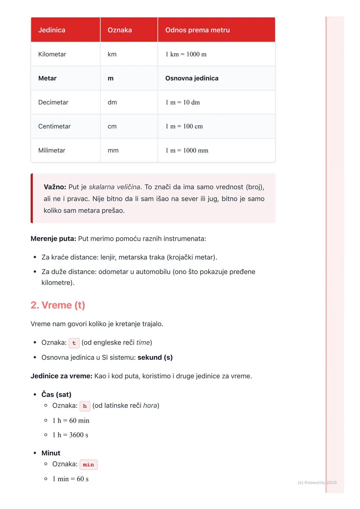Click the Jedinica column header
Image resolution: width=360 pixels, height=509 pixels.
click(52, 30)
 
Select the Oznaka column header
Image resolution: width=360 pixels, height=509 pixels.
click(120, 30)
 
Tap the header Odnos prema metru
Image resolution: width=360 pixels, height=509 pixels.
click(197, 30)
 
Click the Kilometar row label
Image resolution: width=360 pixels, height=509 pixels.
click(52, 54)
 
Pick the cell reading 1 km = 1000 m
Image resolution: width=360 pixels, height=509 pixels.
click(186, 54)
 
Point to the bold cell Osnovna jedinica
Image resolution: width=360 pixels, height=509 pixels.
click(192, 78)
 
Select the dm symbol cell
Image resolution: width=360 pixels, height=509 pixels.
click(112, 102)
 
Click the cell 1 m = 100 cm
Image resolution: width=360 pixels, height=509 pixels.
click(184, 126)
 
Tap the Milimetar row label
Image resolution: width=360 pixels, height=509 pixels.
click(52, 150)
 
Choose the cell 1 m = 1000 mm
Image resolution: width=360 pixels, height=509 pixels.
click(187, 150)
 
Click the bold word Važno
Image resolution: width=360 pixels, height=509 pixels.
click(55, 187)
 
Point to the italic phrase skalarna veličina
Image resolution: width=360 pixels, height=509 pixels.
click(114, 187)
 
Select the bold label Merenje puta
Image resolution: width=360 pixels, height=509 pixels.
click(53, 239)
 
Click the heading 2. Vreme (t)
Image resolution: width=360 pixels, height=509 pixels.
click(58, 305)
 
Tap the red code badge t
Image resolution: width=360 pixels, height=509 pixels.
click(74, 343)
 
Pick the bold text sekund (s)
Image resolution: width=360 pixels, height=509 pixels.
click(155, 357)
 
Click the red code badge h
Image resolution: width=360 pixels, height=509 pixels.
click(85, 406)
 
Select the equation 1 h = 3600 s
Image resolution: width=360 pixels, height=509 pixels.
click(70, 435)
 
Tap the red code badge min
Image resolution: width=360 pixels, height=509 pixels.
click(88, 464)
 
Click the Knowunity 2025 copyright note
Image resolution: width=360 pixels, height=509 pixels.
click(317, 482)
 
